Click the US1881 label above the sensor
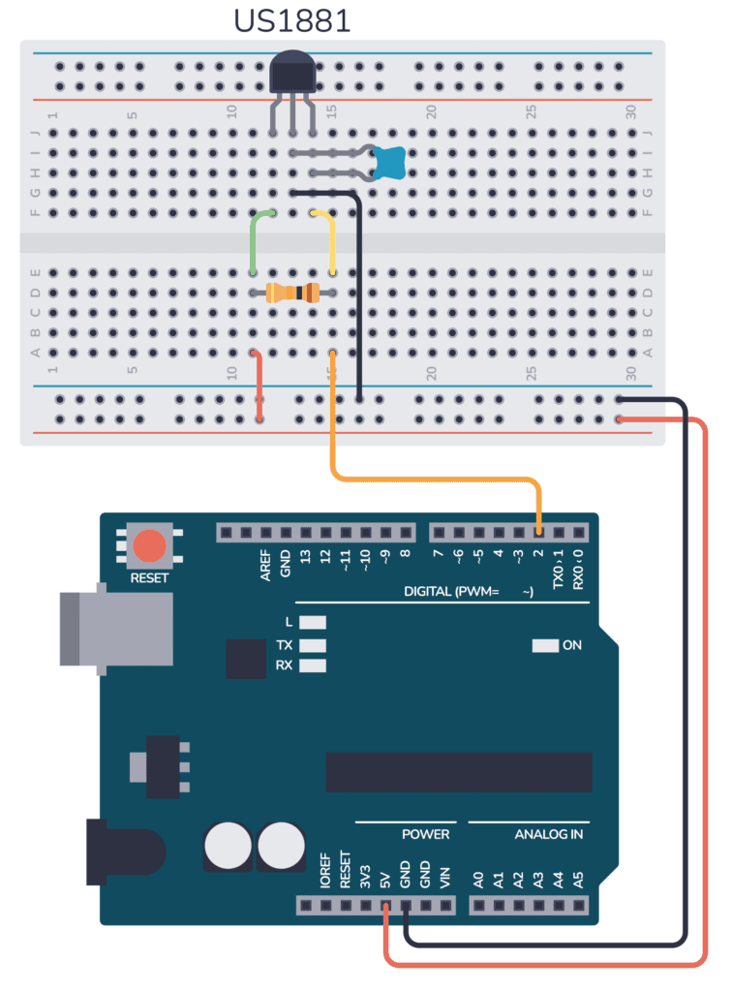coord(293,21)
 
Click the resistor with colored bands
coord(292,292)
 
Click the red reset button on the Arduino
coord(149,545)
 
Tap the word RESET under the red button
coord(149,578)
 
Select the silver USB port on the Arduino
coord(113,629)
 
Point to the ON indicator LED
coord(545,645)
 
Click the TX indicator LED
coord(313,644)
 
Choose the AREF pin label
coord(265,567)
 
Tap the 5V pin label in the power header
coord(385,880)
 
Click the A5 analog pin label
coord(579,880)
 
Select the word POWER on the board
coord(426,834)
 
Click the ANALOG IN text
coord(548,834)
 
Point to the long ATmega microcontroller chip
coord(458,771)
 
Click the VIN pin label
coord(444,879)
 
